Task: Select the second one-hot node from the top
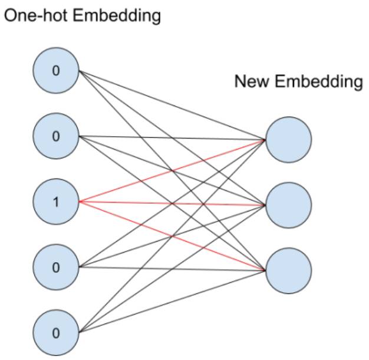(56, 137)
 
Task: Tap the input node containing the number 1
(56, 202)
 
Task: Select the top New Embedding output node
(288, 140)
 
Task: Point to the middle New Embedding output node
(288, 205)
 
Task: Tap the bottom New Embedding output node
(288, 270)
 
